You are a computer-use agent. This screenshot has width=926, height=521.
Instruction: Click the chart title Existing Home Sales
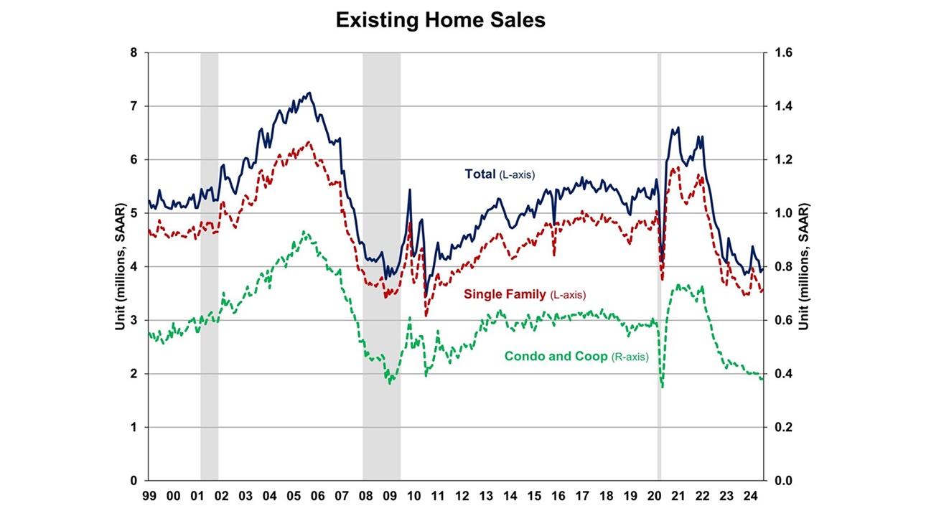[440, 21]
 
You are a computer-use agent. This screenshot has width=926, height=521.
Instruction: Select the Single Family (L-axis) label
[524, 294]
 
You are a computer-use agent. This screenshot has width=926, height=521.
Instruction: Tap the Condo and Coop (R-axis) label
[576, 356]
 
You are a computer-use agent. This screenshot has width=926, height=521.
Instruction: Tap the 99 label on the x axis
[149, 496]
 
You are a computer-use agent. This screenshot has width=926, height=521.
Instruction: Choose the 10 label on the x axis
[414, 496]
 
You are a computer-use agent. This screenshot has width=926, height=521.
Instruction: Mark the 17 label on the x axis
[583, 496]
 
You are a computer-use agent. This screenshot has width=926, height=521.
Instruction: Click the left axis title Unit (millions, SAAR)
[119, 266]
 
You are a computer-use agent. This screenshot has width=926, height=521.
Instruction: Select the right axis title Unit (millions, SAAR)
[804, 266]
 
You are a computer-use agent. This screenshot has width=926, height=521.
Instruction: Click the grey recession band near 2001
[209, 287]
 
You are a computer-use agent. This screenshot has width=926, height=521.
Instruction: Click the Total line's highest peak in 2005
[309, 93]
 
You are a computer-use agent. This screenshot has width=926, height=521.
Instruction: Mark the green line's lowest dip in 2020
[662, 388]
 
